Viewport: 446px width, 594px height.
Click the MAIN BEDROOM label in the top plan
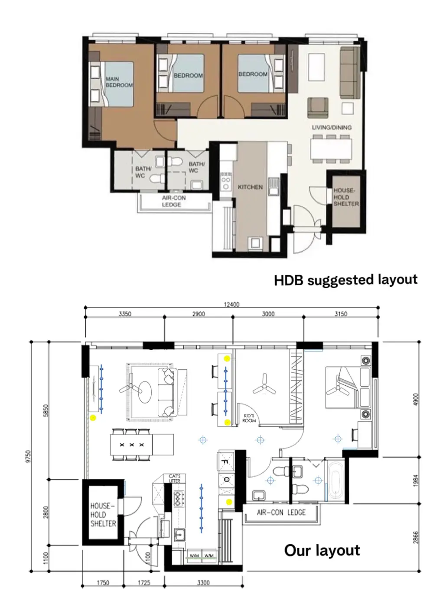(119, 82)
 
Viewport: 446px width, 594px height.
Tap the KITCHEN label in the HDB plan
(250, 187)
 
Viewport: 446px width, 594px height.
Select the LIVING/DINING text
(332, 127)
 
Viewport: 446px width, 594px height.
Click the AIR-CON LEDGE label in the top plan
(174, 201)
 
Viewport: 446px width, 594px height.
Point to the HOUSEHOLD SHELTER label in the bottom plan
(103, 514)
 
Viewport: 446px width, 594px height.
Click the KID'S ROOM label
(249, 418)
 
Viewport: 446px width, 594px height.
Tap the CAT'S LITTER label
(174, 478)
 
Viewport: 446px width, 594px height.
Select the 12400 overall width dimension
(231, 304)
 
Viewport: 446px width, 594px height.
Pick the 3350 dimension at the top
(125, 314)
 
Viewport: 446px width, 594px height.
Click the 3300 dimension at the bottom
(203, 583)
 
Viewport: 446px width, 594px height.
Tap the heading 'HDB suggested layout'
(345, 280)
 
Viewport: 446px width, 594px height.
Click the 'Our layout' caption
(322, 550)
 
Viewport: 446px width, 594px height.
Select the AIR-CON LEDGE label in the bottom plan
(281, 513)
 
